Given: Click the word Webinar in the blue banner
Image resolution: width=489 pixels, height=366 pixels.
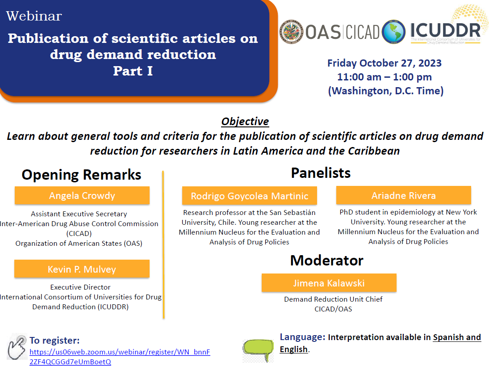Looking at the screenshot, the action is click(34, 16).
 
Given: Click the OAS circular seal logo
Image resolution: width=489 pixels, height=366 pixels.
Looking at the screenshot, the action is click(291, 32).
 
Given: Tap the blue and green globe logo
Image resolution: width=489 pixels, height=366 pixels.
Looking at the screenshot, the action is click(393, 32).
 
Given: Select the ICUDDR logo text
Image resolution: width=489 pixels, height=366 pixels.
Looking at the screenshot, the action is click(445, 30).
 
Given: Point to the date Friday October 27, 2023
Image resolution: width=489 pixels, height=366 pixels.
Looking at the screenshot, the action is click(385, 63).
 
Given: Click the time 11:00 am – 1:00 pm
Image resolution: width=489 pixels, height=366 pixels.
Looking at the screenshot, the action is click(385, 77).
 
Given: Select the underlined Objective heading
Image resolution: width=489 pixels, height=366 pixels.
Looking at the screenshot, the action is click(245, 122).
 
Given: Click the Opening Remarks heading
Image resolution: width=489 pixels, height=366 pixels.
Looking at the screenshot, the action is click(81, 175).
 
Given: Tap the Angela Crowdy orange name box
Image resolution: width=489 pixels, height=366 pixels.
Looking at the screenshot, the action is click(82, 196).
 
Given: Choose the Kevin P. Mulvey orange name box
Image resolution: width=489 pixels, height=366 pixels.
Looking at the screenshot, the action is click(82, 269).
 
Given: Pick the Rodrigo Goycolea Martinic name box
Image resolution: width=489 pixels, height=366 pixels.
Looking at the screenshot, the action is click(250, 196).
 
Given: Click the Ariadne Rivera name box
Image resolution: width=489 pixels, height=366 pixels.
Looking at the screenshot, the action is click(404, 195).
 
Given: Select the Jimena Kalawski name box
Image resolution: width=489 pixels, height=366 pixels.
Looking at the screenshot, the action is click(329, 283).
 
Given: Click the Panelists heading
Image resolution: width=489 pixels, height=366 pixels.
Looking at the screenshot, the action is click(321, 173).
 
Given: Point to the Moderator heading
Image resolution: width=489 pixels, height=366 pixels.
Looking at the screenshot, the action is click(327, 261).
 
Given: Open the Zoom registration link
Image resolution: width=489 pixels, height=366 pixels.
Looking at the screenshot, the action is click(120, 357).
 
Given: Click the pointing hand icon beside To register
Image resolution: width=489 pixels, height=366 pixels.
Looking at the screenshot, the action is click(17, 347).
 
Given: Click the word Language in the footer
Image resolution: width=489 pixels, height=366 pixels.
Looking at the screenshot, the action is click(302, 337).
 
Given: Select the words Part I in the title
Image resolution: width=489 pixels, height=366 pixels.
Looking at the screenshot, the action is click(133, 71).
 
